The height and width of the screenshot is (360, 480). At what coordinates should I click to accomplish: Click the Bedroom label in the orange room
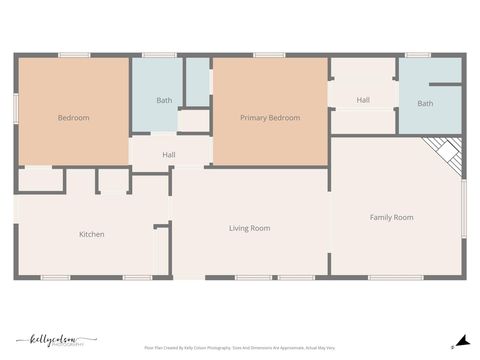(x=73, y=118)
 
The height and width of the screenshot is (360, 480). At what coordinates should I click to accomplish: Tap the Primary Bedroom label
(x=270, y=118)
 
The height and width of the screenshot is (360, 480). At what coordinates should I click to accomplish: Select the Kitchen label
(x=92, y=234)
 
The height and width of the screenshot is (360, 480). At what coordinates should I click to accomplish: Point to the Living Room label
(x=249, y=228)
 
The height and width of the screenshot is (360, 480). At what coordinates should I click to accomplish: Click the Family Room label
(x=391, y=217)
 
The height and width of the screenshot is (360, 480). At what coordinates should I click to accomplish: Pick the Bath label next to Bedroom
(x=164, y=100)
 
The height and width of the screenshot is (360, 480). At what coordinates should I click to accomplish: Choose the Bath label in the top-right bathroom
(x=425, y=103)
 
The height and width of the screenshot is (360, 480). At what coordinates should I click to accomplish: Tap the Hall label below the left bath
(x=169, y=154)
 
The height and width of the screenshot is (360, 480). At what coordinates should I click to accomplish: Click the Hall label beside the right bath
(x=363, y=100)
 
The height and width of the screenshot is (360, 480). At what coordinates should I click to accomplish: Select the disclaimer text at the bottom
(x=240, y=347)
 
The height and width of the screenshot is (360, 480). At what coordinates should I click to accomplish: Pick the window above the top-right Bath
(x=418, y=55)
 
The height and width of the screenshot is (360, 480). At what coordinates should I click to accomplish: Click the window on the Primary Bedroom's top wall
(x=268, y=55)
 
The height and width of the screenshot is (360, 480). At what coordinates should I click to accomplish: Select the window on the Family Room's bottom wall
(x=396, y=277)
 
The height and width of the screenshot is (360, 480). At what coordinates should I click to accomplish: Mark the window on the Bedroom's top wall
(x=74, y=55)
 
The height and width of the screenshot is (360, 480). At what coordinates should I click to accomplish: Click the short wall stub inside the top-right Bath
(x=449, y=86)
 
